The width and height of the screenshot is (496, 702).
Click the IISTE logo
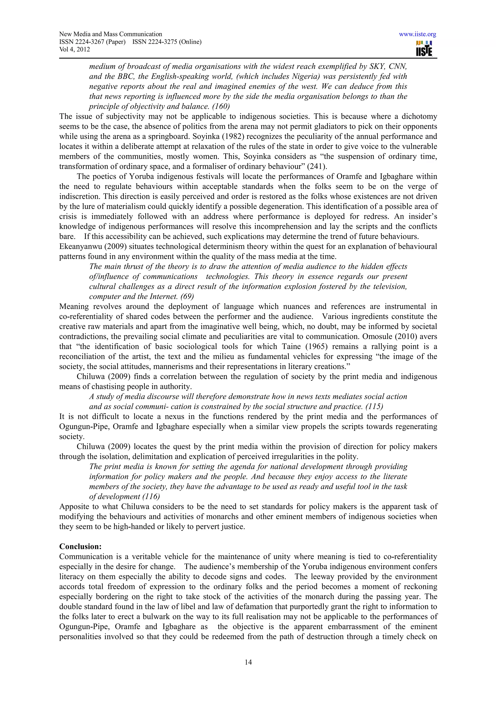(x=424, y=49)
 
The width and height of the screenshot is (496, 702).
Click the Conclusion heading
(x=80, y=546)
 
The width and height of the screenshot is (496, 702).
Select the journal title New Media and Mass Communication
(x=110, y=34)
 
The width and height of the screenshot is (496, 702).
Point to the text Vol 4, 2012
(x=74, y=49)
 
